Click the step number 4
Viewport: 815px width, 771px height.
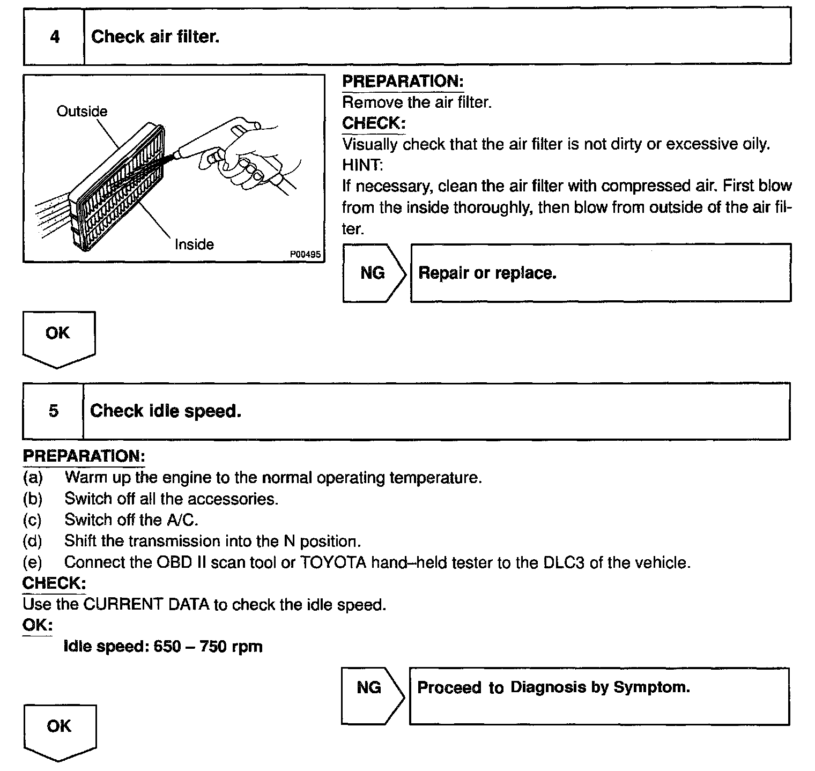coord(54,37)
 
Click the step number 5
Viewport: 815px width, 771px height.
coord(54,411)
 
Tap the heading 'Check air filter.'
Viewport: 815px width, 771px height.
coord(155,37)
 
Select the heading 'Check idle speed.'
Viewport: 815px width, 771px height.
coord(166,411)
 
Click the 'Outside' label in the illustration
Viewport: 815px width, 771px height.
coord(82,112)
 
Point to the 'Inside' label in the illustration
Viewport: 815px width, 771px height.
coord(194,244)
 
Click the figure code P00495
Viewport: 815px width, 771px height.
coord(306,255)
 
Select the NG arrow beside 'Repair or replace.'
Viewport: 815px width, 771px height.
coord(373,273)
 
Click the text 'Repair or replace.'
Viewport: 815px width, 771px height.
coord(487,273)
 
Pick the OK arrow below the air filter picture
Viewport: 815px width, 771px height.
coord(58,338)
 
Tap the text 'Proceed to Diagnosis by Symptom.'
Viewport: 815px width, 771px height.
coord(553,687)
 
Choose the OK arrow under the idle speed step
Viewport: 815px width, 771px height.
coord(60,730)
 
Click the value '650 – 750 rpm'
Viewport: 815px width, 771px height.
coord(208,647)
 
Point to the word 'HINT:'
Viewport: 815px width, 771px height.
coord(362,165)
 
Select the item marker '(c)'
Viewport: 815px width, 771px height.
coord(32,520)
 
